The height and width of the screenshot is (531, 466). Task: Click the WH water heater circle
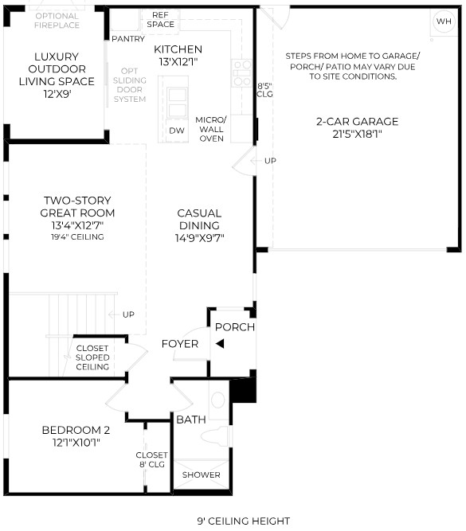pyautogui.click(x=444, y=21)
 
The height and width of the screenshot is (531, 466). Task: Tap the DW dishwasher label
pyautogui.click(x=177, y=131)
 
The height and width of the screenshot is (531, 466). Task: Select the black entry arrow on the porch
pyautogui.click(x=220, y=344)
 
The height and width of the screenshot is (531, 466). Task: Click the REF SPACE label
pyautogui.click(x=160, y=20)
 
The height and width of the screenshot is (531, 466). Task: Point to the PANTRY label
pyautogui.click(x=128, y=39)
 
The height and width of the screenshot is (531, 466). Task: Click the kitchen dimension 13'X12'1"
pyautogui.click(x=178, y=62)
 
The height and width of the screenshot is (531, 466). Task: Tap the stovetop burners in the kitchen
pyautogui.click(x=242, y=73)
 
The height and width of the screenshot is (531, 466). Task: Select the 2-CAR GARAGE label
pyautogui.click(x=357, y=121)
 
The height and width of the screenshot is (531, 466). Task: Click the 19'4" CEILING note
pyautogui.click(x=77, y=237)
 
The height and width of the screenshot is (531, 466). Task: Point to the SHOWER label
pyautogui.click(x=202, y=474)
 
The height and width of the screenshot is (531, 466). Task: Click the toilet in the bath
pyautogui.click(x=214, y=436)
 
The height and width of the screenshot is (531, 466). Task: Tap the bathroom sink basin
pyautogui.click(x=218, y=400)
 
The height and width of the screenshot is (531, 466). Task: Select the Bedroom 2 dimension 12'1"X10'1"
pyautogui.click(x=76, y=443)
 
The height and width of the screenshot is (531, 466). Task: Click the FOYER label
pyautogui.click(x=180, y=344)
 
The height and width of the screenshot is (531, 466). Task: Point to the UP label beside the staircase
pyautogui.click(x=128, y=314)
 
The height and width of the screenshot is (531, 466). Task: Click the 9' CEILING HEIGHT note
pyautogui.click(x=244, y=521)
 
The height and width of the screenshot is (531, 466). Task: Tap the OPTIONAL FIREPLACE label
pyautogui.click(x=57, y=21)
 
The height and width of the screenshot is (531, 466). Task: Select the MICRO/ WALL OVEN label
pyautogui.click(x=211, y=129)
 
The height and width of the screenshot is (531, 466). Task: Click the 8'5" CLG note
pyautogui.click(x=264, y=90)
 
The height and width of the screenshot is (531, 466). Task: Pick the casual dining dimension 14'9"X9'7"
pyautogui.click(x=200, y=238)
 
